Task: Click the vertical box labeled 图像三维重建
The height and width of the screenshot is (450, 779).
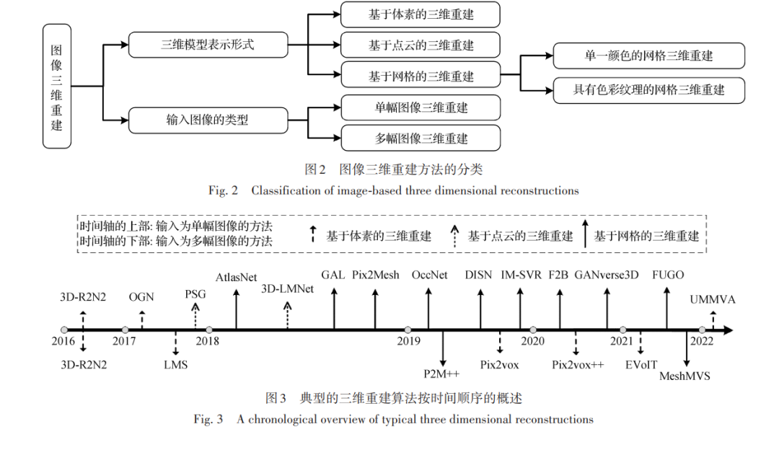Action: tap(57, 87)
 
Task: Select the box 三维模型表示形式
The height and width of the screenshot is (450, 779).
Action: tap(208, 45)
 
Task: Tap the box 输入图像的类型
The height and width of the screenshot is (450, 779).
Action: tap(208, 120)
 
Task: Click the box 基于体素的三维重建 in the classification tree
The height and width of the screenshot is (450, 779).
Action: tap(421, 14)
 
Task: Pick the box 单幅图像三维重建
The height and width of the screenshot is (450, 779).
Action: tap(421, 107)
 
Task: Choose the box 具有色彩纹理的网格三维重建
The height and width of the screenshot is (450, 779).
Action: tap(649, 90)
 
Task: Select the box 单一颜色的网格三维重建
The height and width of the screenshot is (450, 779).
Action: tap(649, 56)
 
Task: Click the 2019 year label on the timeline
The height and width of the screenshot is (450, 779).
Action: tap(408, 341)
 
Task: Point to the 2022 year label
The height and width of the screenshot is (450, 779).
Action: tap(702, 341)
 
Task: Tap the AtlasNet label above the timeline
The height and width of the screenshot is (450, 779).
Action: tap(236, 278)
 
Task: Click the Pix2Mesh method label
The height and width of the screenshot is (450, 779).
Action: tap(376, 275)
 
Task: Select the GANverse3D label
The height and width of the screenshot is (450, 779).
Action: tap(606, 275)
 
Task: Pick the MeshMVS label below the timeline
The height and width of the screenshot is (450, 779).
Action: tap(685, 376)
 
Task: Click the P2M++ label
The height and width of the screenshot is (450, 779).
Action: tap(441, 374)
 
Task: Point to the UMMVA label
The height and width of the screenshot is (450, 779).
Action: tap(713, 299)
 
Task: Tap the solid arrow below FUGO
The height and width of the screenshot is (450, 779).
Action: tap(666, 309)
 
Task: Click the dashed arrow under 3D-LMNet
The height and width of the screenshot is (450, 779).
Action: tap(288, 315)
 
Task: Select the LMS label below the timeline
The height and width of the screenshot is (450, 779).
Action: tap(176, 365)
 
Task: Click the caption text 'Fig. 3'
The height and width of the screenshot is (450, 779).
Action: tap(208, 420)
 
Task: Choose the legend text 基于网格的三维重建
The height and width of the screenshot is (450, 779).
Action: tap(646, 237)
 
